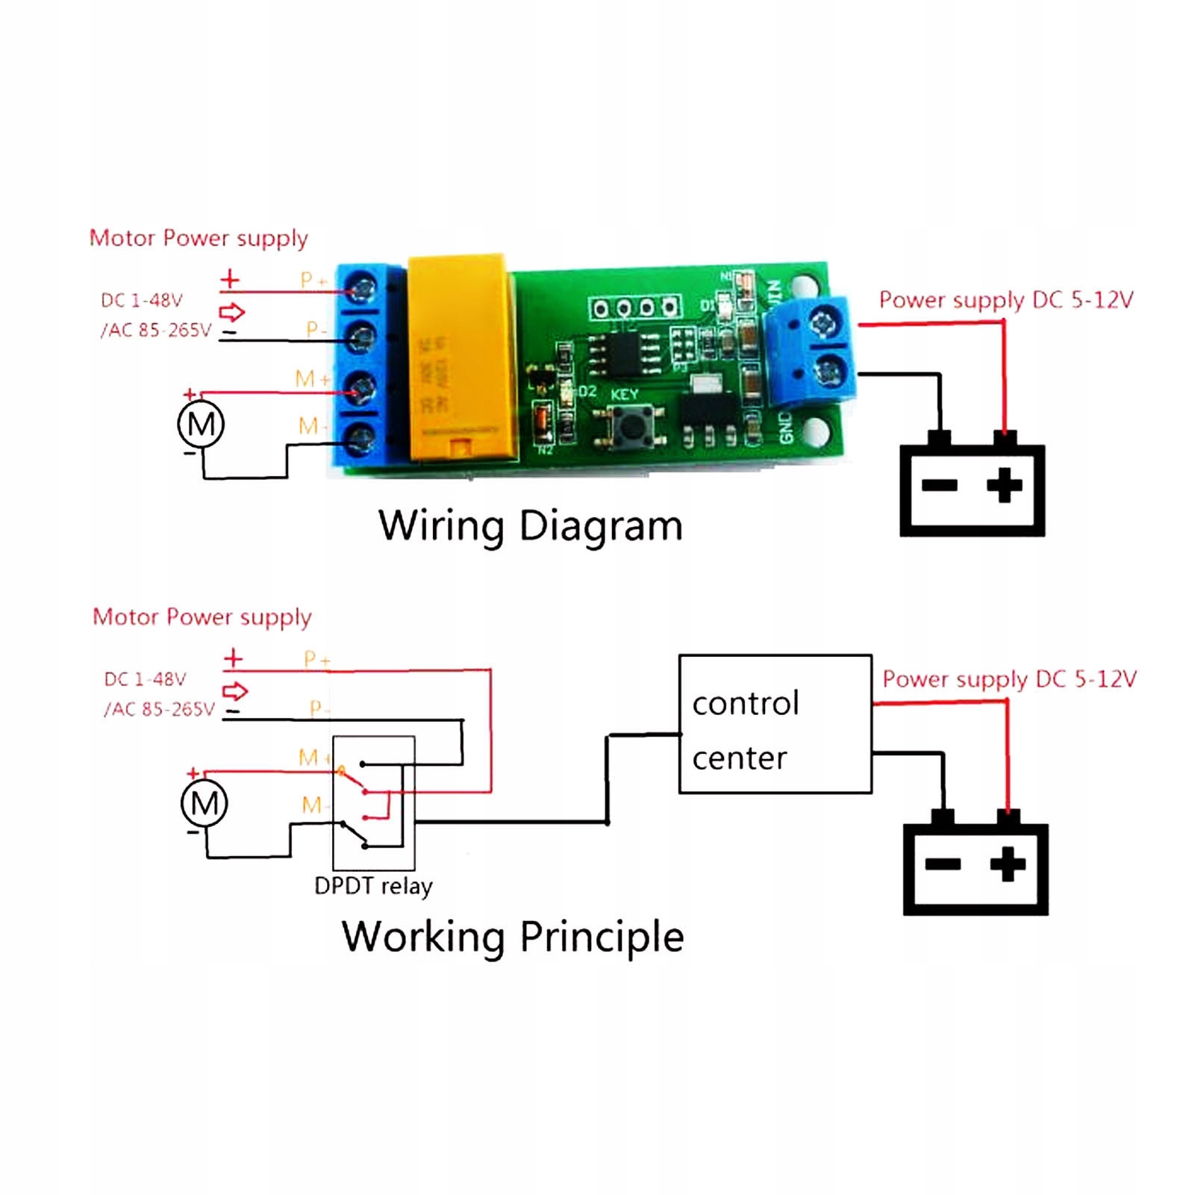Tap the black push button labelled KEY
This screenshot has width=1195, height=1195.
pos(633,427)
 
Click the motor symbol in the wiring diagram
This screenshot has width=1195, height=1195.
pos(201,424)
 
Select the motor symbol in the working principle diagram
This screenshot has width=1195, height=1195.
pos(205,803)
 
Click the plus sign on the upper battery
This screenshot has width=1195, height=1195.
pos(1004,485)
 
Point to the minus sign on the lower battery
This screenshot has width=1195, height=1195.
pos(943,864)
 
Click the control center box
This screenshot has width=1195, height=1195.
pos(775,724)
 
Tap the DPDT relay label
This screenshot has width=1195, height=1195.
pos(373,886)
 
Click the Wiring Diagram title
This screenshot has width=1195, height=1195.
pos(530,525)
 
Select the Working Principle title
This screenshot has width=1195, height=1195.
pos(513,937)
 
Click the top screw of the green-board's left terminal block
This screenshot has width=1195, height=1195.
pos(362,288)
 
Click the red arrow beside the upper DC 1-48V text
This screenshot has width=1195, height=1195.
pos(232,311)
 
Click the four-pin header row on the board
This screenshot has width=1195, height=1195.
pos(635,308)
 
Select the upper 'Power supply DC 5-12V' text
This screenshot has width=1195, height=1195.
pos(1005,300)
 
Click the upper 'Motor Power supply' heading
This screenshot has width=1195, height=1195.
pos(199,238)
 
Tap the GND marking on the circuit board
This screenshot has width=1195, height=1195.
pos(785,427)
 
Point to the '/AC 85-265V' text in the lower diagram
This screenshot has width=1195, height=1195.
pos(159,709)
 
